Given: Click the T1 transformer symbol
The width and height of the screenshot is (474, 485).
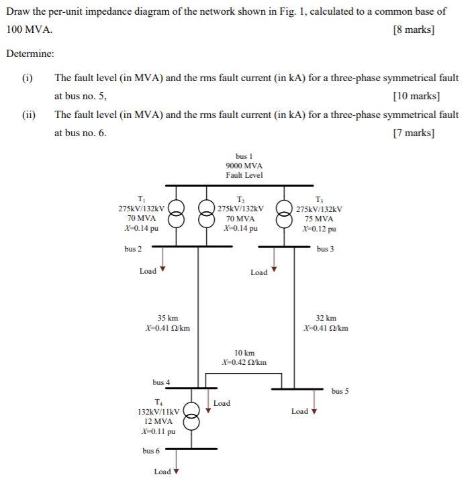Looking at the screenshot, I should coord(176,213).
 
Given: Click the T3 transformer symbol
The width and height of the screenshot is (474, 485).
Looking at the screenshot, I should coord(285,213).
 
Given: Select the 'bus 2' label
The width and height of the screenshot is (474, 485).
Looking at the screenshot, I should coord(133,249).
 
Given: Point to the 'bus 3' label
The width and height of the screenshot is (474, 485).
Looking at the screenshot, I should coord(326,249).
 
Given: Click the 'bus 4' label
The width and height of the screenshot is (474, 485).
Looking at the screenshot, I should coord(161,382).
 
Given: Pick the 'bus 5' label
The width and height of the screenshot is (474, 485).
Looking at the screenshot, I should coord(340,390).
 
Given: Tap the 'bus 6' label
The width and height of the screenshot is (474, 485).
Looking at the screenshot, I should coord(151,451).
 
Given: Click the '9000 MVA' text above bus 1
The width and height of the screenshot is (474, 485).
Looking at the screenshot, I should coord(244,166).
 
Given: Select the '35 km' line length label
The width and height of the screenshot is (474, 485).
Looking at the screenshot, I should coord(168,318).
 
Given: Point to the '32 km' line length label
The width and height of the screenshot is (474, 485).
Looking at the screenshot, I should coord(326,318).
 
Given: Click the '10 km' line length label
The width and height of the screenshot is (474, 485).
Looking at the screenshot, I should coord(244,352).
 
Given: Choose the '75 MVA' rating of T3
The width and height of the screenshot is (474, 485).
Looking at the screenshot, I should coord(318,219).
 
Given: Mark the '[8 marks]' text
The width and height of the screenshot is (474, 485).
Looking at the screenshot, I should coord(413,30).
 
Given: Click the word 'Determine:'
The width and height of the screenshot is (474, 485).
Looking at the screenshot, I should coord(30,54).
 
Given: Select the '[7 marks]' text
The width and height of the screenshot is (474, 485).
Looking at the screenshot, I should coord(414,133).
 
